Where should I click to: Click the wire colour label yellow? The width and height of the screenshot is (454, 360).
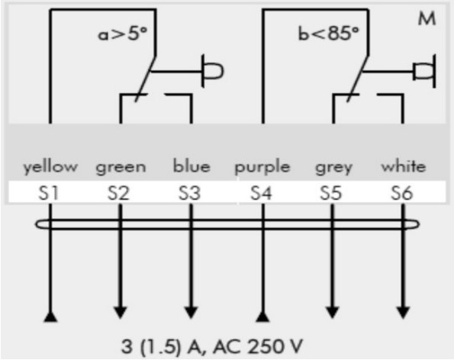pos(50,167)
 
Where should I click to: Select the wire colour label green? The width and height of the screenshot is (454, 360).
pos(121,168)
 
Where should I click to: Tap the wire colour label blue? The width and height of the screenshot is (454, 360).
pos(192,166)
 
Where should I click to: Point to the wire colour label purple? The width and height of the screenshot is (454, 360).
pos(262,167)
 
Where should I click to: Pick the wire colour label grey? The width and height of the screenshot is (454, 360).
pos(333,168)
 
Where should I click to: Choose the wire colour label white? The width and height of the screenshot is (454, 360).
pos(404,166)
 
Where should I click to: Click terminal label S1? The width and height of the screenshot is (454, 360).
pos(48,193)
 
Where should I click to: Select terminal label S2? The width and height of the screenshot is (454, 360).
pos(118,193)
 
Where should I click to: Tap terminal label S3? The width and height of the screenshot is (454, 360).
pos(189,193)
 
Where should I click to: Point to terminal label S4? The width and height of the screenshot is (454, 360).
pos(261,193)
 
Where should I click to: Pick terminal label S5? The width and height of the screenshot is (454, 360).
pos(330,193)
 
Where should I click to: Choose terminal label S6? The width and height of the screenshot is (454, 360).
pos(401,193)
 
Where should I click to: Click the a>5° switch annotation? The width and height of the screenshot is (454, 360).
pos(123,34)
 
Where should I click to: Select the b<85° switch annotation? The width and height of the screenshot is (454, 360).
pos(328,34)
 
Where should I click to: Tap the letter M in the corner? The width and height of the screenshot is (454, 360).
pos(427,19)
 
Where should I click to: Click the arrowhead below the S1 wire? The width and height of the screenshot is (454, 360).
pos(50,317)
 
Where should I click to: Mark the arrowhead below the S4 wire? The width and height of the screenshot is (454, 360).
pos(263,317)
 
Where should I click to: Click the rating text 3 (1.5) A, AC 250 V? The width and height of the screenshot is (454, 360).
pos(211,346)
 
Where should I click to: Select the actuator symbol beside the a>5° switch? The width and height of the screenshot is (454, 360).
pos(213,71)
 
